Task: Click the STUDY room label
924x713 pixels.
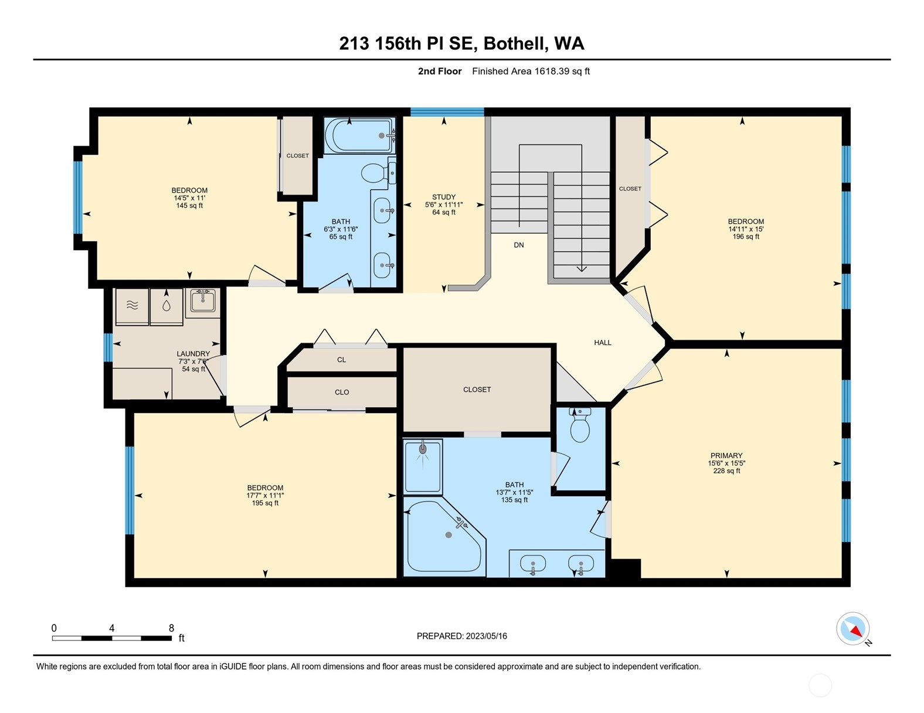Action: pyautogui.click(x=444, y=197)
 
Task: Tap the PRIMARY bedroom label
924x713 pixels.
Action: pyautogui.click(x=726, y=455)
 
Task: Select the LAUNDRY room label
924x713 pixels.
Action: pyautogui.click(x=193, y=354)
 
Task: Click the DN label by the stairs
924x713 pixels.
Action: pyautogui.click(x=519, y=245)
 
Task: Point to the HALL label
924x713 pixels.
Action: pyautogui.click(x=603, y=343)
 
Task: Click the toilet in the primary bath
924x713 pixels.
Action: pyautogui.click(x=580, y=428)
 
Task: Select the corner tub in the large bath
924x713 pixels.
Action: pyautogui.click(x=444, y=537)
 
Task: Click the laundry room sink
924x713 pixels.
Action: pyautogui.click(x=203, y=302)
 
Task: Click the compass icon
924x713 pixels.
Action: pyautogui.click(x=852, y=629)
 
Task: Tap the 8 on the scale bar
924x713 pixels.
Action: pyautogui.click(x=171, y=628)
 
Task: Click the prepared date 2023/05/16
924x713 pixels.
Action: pyautogui.click(x=486, y=636)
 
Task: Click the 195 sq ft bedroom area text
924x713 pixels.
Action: pyautogui.click(x=265, y=503)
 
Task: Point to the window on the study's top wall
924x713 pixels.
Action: pyautogui.click(x=447, y=112)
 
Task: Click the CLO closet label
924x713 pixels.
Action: pyautogui.click(x=342, y=393)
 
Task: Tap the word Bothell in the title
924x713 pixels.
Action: pyautogui.click(x=517, y=43)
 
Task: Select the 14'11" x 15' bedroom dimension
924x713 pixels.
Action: pyautogui.click(x=746, y=229)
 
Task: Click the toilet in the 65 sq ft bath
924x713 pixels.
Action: pyautogui.click(x=372, y=173)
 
